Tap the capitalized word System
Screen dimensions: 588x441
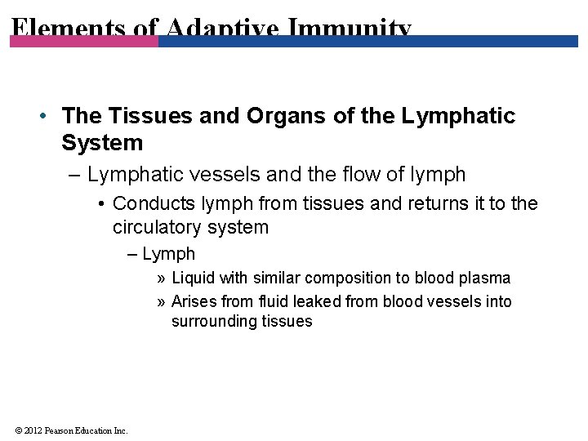[x=102, y=143]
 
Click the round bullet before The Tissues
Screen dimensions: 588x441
[x=42, y=116]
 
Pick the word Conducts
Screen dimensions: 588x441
[x=154, y=203]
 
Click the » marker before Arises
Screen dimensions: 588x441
[x=161, y=301]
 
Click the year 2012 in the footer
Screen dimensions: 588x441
[x=33, y=430]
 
